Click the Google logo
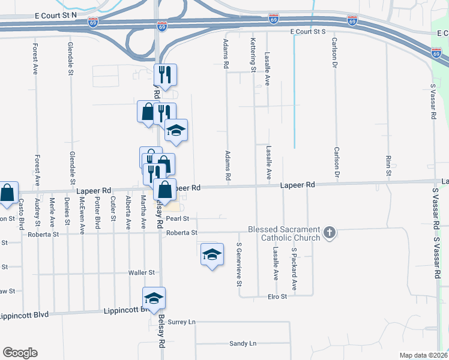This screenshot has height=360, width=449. pos(20,353)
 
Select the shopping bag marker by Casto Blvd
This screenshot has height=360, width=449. pos(7,193)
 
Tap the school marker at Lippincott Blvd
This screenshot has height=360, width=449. pos(154,299)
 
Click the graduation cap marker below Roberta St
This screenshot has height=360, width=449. pos(211,255)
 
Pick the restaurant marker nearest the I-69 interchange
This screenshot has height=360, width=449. pos(165,76)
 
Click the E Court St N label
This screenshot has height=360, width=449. pos(56,13)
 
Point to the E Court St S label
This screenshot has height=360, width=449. pos(307,31)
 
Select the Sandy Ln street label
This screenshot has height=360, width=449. pos(243,344)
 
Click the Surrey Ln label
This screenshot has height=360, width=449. pos(182,322)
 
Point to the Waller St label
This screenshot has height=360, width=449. pos(142,273)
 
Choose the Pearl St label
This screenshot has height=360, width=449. pos(178,218)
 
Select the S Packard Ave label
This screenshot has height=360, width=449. pos(294,264)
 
